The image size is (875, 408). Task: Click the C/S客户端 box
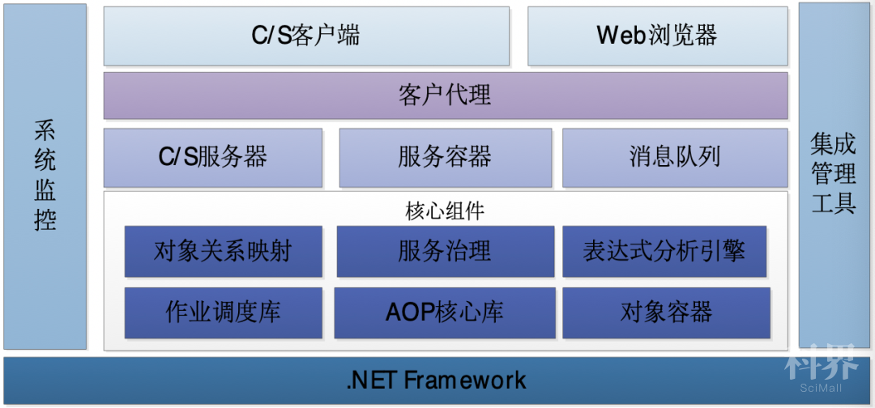click(306, 36)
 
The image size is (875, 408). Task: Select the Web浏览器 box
click(658, 36)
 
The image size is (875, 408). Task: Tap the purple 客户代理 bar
click(446, 96)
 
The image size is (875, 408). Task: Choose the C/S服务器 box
click(212, 158)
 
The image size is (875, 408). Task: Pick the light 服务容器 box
click(446, 158)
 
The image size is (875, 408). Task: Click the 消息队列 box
click(675, 158)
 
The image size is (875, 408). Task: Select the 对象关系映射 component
click(224, 252)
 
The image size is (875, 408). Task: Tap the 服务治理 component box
click(446, 252)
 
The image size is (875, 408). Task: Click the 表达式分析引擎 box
click(664, 252)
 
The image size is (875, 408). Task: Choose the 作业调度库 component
click(224, 312)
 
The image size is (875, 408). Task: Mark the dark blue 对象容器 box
click(666, 312)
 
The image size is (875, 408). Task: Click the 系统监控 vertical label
click(45, 176)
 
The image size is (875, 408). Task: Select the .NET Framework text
click(436, 380)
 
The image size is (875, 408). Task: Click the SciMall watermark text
click(820, 388)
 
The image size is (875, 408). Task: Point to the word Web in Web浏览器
click(621, 36)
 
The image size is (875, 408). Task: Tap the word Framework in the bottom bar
click(465, 380)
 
